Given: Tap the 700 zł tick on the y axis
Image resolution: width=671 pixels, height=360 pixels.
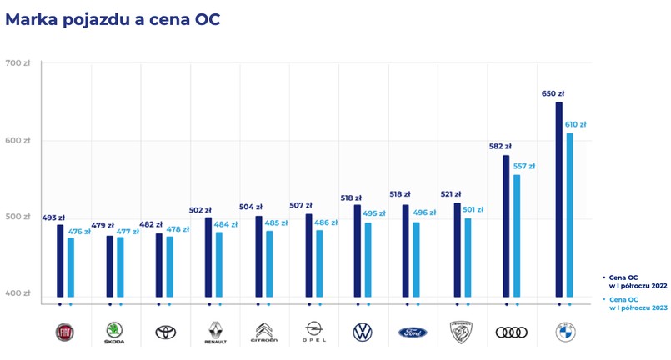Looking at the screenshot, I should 17,63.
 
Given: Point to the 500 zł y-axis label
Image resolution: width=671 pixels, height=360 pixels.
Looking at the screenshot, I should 17,217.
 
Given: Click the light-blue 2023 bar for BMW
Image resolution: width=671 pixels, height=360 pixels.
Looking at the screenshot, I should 570,214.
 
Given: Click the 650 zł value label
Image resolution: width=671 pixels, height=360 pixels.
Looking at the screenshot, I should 552,93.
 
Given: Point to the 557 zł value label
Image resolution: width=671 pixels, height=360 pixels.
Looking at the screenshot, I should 524,166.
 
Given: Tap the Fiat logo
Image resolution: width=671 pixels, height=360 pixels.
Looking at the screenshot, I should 65,332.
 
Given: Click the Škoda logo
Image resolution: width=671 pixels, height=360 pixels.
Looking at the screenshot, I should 114,332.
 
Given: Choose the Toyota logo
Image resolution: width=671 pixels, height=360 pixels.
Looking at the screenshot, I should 165,332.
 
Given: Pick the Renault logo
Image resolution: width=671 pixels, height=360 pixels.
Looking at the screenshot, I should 215,332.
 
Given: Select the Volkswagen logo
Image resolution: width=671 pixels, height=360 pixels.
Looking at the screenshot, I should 363,332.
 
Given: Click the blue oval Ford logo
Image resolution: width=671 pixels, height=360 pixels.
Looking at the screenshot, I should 413,332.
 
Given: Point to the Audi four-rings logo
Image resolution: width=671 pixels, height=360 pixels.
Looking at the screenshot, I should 512,332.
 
